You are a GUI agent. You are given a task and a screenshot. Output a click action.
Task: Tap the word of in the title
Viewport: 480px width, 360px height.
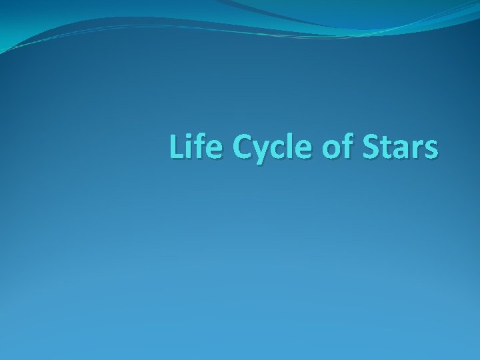(x=334, y=147)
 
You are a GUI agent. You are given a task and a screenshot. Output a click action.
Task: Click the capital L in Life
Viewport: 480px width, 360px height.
(x=177, y=147)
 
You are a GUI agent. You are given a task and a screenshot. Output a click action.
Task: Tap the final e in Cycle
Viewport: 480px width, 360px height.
(x=296, y=149)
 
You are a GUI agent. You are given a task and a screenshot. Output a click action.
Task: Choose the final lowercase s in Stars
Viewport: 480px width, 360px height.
(x=430, y=149)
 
